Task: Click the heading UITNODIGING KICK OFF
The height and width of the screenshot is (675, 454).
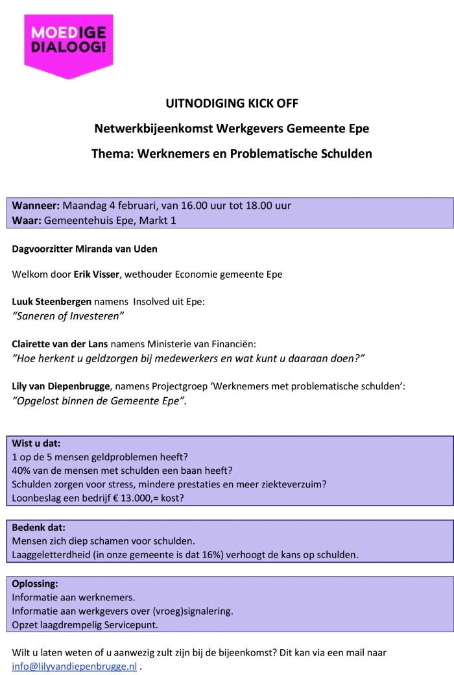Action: click(x=232, y=103)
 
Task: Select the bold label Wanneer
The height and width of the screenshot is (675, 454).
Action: click(x=36, y=206)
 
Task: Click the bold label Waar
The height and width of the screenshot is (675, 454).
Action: click(x=27, y=220)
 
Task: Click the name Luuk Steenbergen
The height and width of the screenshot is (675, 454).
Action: click(x=52, y=301)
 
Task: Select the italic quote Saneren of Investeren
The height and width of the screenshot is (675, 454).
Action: click(x=68, y=316)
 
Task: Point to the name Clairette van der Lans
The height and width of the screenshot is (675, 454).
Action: click(x=60, y=343)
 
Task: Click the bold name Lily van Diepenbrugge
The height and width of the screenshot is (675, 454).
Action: click(x=61, y=386)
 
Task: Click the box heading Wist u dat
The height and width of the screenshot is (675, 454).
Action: click(x=36, y=444)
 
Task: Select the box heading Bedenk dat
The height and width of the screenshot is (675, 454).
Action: click(x=38, y=528)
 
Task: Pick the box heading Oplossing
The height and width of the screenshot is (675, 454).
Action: click(x=35, y=584)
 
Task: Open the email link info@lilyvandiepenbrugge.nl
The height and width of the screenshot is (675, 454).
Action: click(x=74, y=667)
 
